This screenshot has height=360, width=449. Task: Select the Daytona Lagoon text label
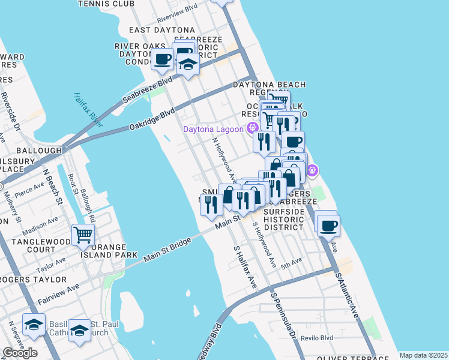tap(213, 129)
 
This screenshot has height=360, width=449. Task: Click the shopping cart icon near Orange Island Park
tap(82, 234)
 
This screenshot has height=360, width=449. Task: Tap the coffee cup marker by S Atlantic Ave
tap(328, 226)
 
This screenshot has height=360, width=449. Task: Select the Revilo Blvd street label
tap(318, 338)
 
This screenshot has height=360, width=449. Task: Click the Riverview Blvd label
tap(177, 10)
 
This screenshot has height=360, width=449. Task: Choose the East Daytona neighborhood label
tap(161, 29)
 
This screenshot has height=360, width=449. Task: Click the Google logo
tap(20, 353)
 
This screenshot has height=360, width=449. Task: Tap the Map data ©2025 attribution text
tap(423, 355)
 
